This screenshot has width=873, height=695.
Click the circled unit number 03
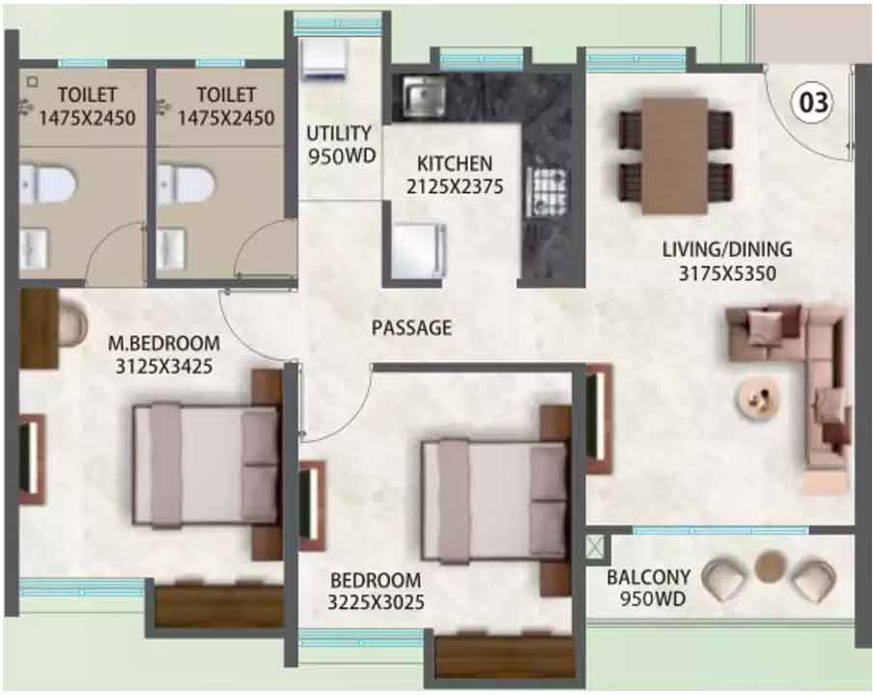[813, 102]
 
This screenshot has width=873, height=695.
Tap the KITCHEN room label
[454, 163]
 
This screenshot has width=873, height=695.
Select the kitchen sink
[424, 97]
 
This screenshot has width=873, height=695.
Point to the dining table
[675, 155]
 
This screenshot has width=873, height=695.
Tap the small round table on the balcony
[771, 566]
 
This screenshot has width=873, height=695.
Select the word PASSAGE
[411, 328]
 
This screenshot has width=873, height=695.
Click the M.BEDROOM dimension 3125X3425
[164, 366]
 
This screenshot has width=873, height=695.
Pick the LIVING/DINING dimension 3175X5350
[727, 274]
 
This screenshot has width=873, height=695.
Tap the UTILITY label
[339, 133]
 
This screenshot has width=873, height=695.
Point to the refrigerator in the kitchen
[418, 250]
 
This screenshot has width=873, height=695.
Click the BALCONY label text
[649, 577]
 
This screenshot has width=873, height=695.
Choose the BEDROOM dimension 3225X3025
[376, 602]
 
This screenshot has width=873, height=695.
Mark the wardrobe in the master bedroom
[218, 605]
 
